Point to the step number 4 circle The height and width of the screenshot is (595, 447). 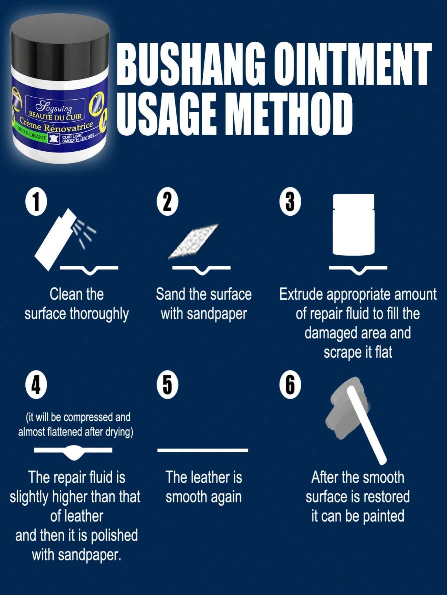[36, 385]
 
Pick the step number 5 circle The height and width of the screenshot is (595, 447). [167, 385]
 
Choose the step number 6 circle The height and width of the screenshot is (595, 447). [290, 385]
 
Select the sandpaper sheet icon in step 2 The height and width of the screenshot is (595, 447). [194, 242]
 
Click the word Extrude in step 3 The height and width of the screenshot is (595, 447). [301, 295]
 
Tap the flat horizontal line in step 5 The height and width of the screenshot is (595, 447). [202, 450]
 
